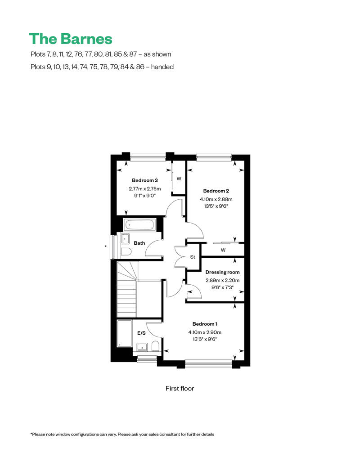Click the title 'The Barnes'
tap(71, 39)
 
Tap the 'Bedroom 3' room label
tap(145, 180)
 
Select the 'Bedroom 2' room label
tap(216, 191)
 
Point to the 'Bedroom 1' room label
tap(205, 324)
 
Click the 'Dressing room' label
tap(222, 272)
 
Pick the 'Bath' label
tap(139, 243)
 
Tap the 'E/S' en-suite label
tap(141, 333)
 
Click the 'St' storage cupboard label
tap(193, 257)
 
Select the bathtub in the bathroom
tap(139, 225)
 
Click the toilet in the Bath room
tap(126, 252)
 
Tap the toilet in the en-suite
tap(155, 346)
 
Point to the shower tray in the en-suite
tap(125, 333)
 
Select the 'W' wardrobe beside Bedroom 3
tap(179, 179)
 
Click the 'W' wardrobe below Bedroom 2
tap(223, 250)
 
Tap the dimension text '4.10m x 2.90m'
tap(205, 332)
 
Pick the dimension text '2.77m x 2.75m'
tap(145, 189)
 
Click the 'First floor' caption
tap(180, 389)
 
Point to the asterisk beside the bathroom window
tap(106, 246)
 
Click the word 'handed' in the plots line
tap(162, 67)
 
